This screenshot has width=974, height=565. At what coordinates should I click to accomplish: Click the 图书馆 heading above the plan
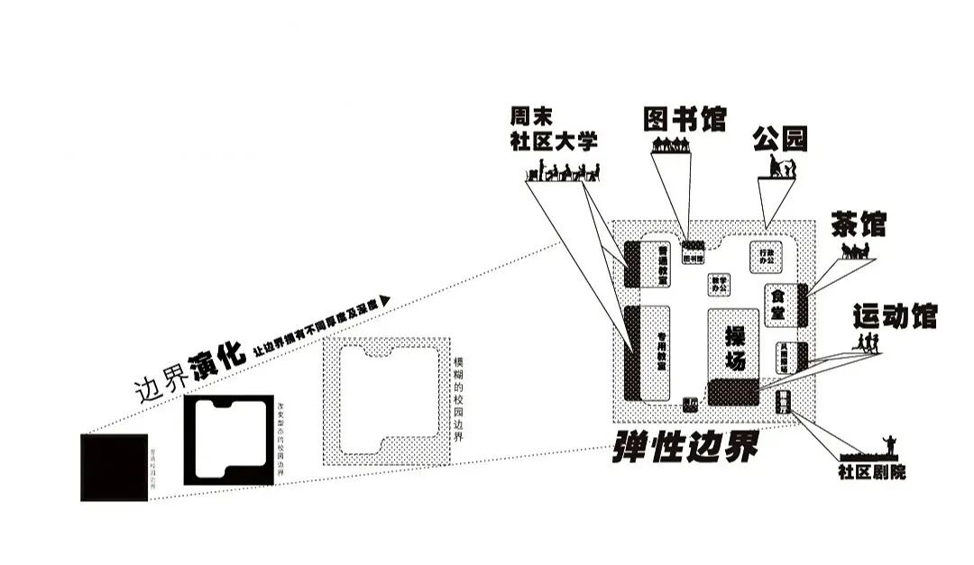tap(685, 119)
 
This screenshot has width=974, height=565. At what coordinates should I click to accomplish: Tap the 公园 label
tap(780, 139)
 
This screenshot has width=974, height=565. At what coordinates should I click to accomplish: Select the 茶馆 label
tap(858, 224)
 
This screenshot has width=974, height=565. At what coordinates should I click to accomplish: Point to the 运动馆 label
tap(895, 316)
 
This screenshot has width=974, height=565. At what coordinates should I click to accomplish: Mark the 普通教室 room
tap(662, 261)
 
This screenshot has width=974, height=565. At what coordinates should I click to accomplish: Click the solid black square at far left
tap(114, 467)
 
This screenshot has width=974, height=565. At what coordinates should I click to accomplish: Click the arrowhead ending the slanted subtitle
tap(385, 301)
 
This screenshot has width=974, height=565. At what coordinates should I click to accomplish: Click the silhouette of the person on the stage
tap(888, 445)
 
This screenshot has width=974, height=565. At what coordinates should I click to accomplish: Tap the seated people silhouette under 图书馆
tap(669, 143)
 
